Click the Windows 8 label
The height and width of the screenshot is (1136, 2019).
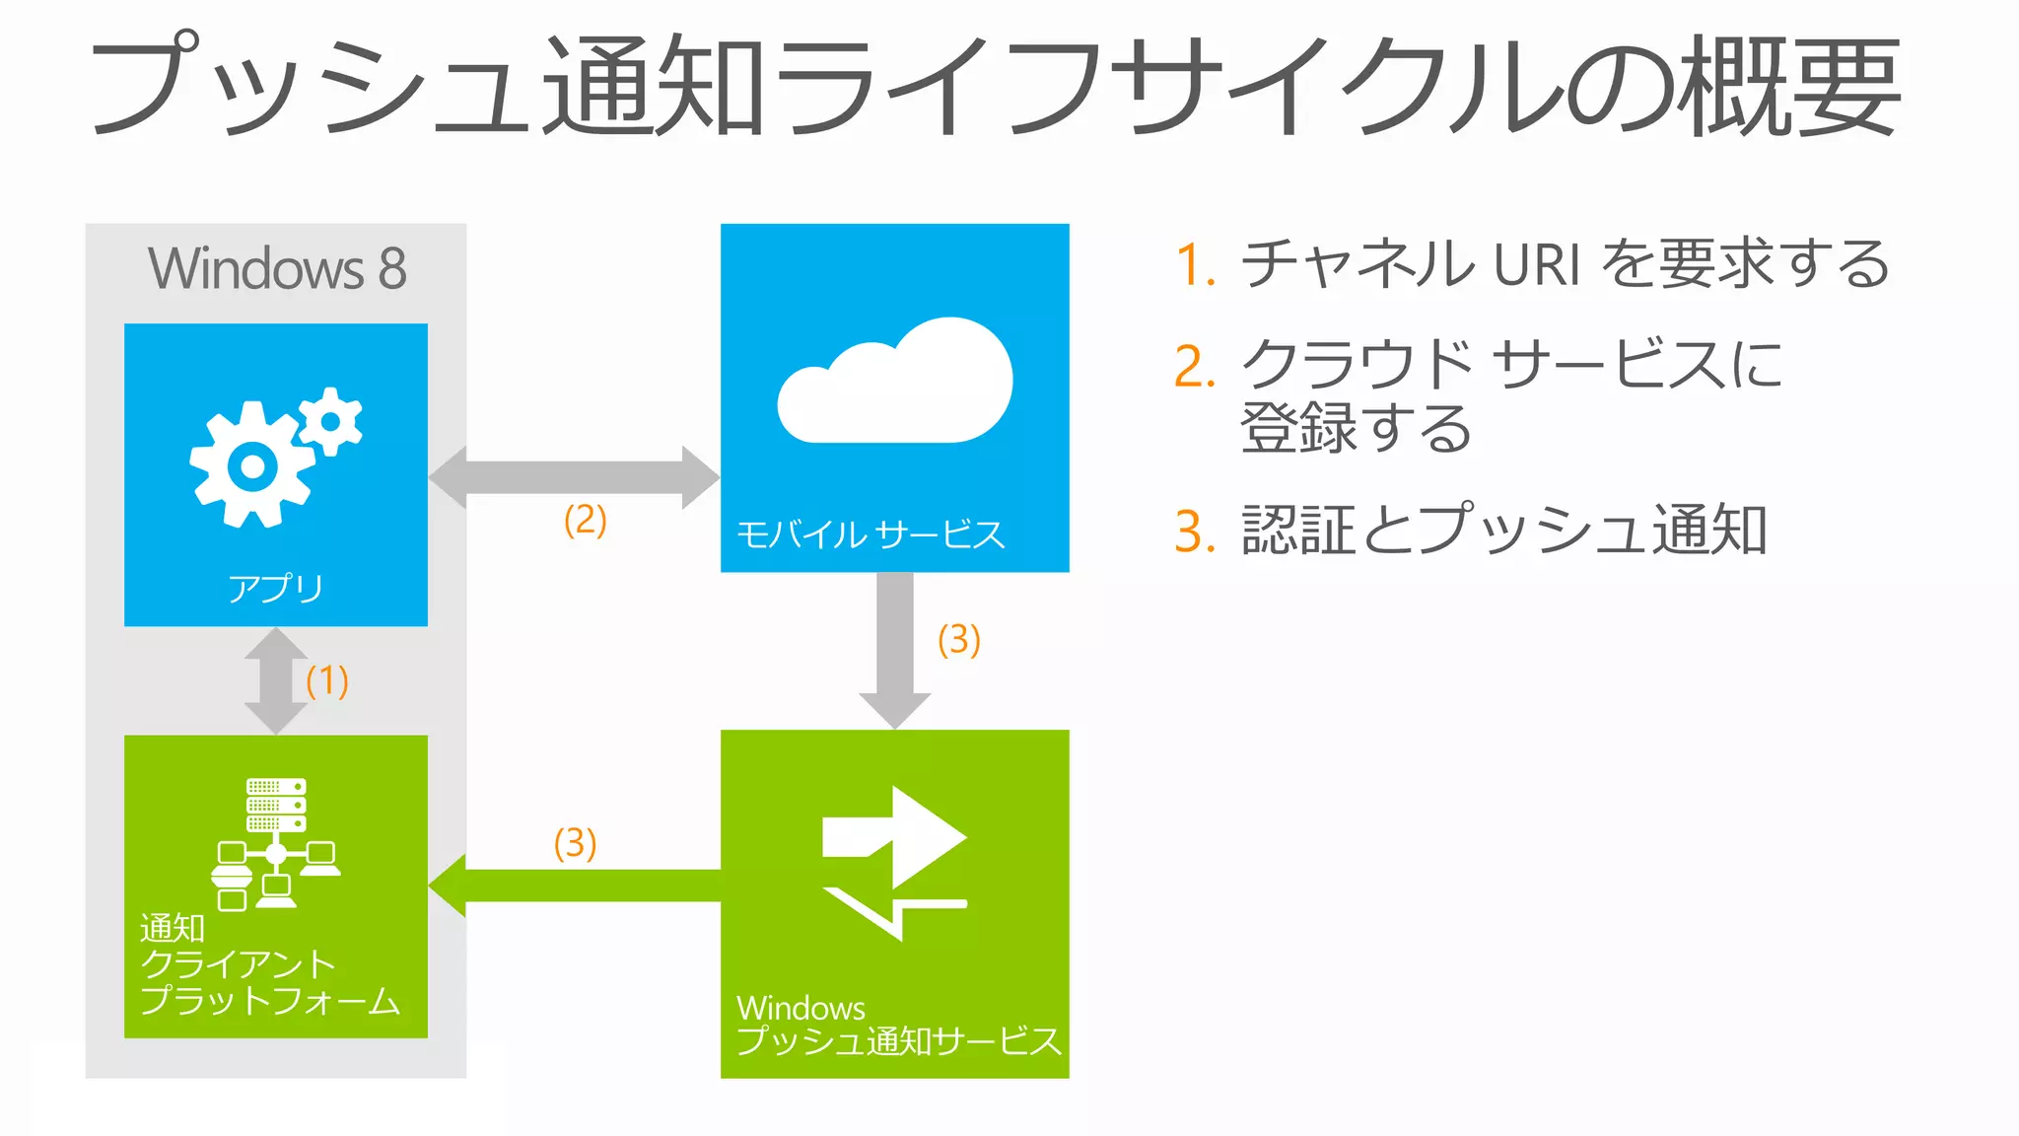coord(277,268)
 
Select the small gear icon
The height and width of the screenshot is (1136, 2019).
coord(331,421)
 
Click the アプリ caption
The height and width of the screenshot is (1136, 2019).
coord(275,588)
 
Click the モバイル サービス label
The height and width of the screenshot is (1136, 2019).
coord(870,534)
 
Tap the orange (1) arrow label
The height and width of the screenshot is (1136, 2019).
coord(327,680)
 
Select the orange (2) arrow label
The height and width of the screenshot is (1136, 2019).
coord(585,520)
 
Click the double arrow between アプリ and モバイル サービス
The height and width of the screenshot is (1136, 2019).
coord(574,477)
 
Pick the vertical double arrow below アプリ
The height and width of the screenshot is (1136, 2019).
coord(276,680)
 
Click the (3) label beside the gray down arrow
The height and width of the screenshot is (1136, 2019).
coord(958,640)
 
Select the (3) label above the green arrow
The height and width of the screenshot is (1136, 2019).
coord(575,843)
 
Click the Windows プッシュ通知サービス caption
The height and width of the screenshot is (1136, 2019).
coord(897,1025)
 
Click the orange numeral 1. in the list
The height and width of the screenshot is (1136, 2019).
coord(1195,265)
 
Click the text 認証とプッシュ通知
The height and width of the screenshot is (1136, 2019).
coord(1503,531)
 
